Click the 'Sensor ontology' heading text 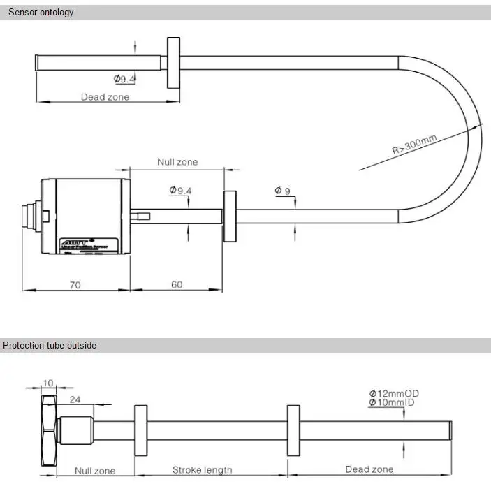coord(41,13)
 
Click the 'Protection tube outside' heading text coord(49,345)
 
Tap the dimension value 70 coord(75,285)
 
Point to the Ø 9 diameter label coord(282,191)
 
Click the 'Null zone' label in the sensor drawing coord(177,162)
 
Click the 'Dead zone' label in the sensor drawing coord(105,97)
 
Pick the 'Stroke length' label coord(202,470)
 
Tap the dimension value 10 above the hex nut coord(47,383)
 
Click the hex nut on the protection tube coord(48,431)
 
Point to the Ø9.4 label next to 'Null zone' coord(180,191)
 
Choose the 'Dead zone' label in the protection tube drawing coord(369,470)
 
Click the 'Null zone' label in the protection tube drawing coord(95,471)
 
